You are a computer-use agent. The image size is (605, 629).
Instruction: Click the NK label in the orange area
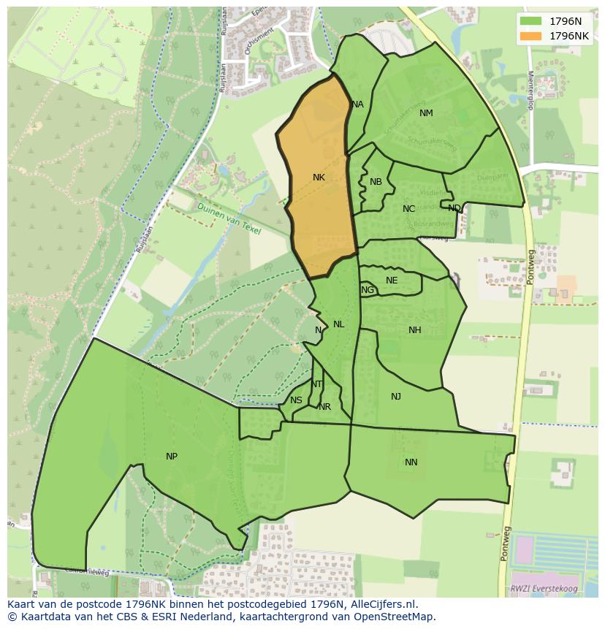(319, 178)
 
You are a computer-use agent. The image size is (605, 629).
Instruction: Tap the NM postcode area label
(426, 113)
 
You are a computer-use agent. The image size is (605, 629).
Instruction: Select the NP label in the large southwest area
(172, 457)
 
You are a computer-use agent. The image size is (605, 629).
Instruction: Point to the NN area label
(411, 462)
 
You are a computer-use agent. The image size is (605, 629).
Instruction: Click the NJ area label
(396, 397)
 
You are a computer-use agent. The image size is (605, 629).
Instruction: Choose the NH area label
(415, 330)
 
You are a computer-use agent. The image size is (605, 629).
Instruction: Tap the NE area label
(392, 281)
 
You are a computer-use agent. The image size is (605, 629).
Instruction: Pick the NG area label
(368, 290)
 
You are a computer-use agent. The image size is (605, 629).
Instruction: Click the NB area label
(376, 182)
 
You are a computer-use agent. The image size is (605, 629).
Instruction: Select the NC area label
(408, 209)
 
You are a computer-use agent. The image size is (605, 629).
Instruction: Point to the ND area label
(454, 208)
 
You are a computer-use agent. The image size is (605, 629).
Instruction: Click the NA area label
(357, 104)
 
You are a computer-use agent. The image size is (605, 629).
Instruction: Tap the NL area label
(338, 324)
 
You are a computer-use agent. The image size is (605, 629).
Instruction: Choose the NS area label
(296, 400)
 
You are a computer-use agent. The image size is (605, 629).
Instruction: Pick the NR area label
(325, 407)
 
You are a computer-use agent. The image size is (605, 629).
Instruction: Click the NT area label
(316, 384)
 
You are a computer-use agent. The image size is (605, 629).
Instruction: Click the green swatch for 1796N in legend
(531, 21)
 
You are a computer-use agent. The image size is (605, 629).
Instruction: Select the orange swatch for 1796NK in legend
(531, 36)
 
